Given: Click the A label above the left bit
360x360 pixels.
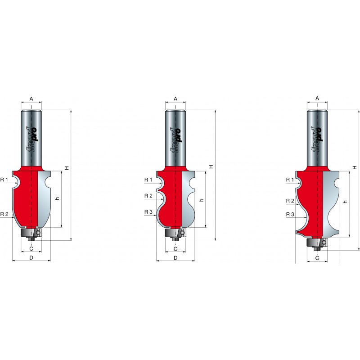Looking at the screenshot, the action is click(31, 99).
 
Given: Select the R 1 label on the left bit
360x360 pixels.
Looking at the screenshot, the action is click(4, 180).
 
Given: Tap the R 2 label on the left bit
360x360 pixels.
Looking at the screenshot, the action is click(4, 214).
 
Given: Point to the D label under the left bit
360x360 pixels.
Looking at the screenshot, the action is click(31, 257).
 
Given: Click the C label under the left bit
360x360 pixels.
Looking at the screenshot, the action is click(31, 249).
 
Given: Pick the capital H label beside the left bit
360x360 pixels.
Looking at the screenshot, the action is click(67, 168).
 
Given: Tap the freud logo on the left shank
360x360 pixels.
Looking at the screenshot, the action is click(31, 139).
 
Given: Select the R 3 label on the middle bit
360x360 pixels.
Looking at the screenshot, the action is click(148, 211).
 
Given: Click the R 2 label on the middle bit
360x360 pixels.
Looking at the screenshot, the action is click(148, 196).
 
